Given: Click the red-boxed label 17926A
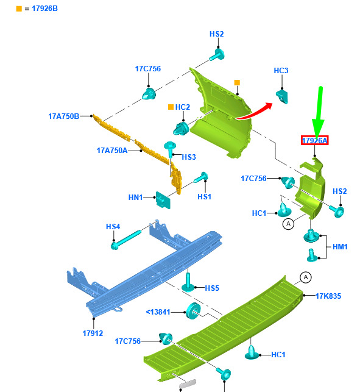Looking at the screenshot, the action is click(x=314, y=140).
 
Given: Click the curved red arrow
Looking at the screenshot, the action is click(x=255, y=111).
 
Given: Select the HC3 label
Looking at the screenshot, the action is click(x=281, y=71).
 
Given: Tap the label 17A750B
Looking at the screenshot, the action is click(x=64, y=116).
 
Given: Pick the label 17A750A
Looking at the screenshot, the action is click(x=112, y=151).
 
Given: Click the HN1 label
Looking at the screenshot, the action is click(x=135, y=198).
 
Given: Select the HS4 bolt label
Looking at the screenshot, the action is click(x=113, y=227).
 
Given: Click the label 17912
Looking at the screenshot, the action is click(x=93, y=333).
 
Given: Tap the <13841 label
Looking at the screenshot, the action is click(x=158, y=312).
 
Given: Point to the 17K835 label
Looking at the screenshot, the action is click(x=328, y=296).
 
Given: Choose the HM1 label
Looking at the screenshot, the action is click(x=340, y=247).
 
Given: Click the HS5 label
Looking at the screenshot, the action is click(x=212, y=288).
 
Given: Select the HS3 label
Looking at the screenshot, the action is click(x=189, y=157).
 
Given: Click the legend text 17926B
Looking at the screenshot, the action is click(x=44, y=9).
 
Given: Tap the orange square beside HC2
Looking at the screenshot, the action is click(x=171, y=107).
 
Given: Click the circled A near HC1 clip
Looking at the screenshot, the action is click(x=288, y=224).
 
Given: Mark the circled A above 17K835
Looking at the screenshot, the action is click(x=306, y=277).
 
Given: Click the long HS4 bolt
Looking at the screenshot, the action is click(x=126, y=240).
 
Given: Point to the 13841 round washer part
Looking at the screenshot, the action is click(x=193, y=311).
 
